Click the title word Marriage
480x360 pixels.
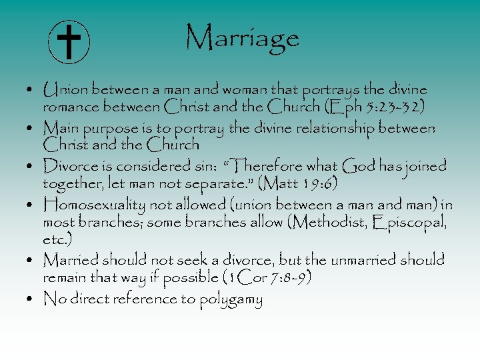pyautogui.click(x=242, y=37)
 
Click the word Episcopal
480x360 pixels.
pyautogui.click(x=407, y=221)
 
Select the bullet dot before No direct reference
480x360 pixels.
pyautogui.click(x=32, y=299)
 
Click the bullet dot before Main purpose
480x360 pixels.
pyautogui.click(x=32, y=127)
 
